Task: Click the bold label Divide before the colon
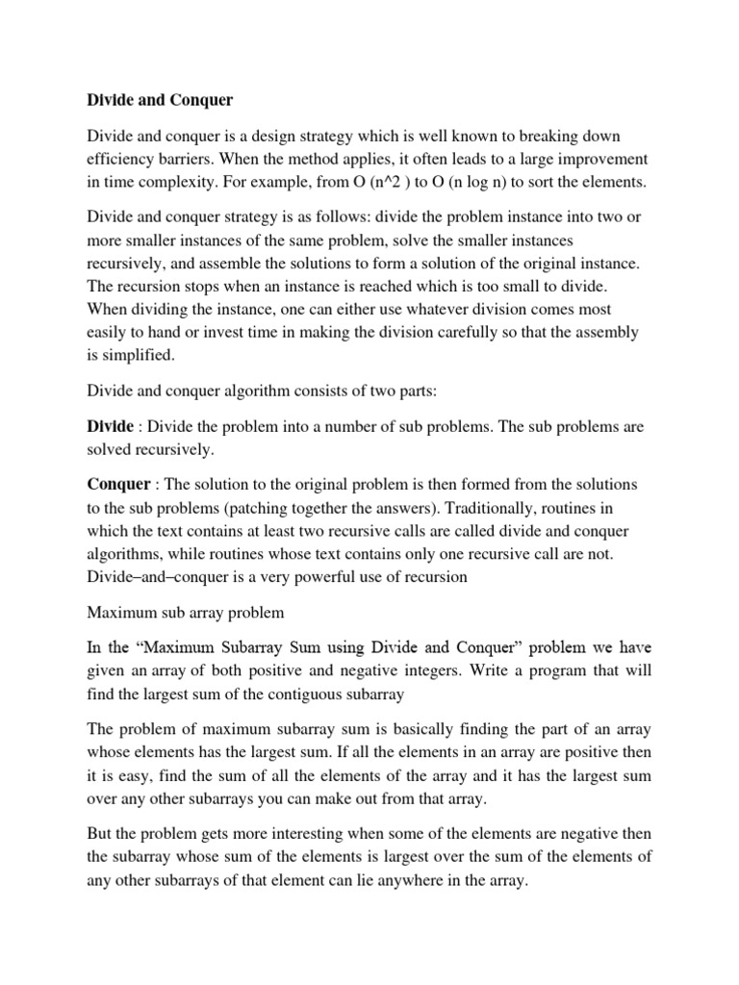click(110, 425)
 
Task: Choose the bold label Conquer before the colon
click(118, 484)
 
